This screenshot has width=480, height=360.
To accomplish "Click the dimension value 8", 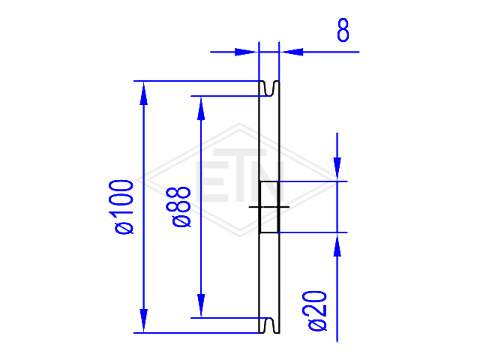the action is click(343, 30).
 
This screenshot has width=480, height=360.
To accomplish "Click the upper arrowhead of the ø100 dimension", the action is click(143, 94).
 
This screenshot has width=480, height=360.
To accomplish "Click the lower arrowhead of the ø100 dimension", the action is click(143, 320).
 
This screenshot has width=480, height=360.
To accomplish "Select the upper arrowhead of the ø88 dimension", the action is click(201, 109).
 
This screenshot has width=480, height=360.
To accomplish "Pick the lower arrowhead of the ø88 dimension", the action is click(201, 305).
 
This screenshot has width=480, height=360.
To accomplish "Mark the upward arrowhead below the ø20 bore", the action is click(337, 245).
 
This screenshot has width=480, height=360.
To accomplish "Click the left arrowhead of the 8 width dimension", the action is click(246, 52).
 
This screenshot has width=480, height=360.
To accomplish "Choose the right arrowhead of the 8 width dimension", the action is click(292, 52).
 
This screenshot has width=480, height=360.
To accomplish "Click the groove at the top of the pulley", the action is click(269, 88).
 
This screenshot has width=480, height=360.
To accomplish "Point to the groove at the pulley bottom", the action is click(269, 325).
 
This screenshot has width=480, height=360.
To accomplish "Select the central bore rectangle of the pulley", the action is click(269, 207).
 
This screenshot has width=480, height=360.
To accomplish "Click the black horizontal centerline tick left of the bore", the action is click(254, 207).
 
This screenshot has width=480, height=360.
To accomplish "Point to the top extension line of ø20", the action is click(313, 181).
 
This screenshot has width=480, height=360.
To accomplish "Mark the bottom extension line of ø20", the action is click(313, 232).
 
